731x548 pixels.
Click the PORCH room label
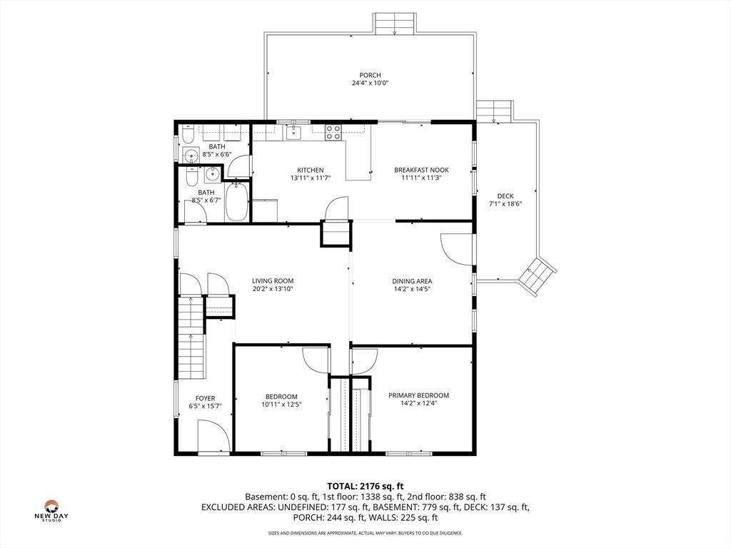click(370, 75)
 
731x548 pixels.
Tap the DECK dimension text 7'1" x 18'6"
click(505, 203)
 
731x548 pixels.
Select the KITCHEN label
click(311, 170)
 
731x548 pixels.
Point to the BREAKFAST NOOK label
click(421, 170)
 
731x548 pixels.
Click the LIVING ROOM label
click(273, 281)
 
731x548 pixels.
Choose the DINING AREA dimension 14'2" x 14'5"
click(412, 289)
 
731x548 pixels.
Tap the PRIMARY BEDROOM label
click(418, 395)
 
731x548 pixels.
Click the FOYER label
click(205, 398)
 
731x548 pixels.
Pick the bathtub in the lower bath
click(237, 202)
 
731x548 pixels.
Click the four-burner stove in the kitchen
click(333, 132)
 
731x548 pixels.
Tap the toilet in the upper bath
click(188, 135)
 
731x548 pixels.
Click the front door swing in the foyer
click(213, 436)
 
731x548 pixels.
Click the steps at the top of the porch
click(394, 24)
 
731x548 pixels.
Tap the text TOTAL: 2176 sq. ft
click(365, 487)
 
